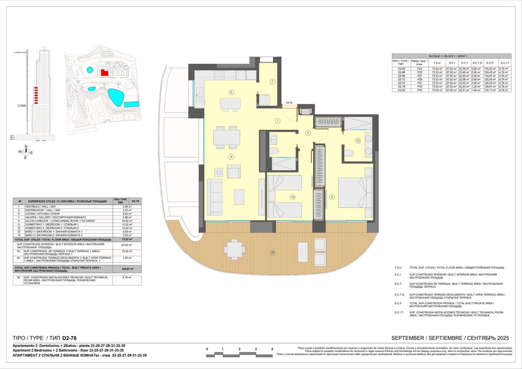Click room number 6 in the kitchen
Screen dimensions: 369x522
(x=231, y=92)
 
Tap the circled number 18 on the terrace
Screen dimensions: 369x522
(x=272, y=253)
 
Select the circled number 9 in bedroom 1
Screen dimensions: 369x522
(x=332, y=197)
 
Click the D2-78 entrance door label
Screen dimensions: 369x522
(x=289, y=103)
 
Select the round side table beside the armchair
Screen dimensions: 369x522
(x=218, y=172)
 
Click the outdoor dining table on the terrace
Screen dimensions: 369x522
(x=234, y=249)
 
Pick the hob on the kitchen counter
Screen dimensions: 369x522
(x=219, y=75)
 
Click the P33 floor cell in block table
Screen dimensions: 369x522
(x=419, y=86)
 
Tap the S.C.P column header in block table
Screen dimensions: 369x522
(x=490, y=63)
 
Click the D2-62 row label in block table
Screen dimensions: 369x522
(x=401, y=69)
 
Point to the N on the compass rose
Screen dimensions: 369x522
(x=26, y=146)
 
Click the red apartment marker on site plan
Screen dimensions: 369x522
(x=104, y=73)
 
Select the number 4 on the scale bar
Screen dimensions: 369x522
(x=272, y=349)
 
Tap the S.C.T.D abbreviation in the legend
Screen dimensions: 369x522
(x=399, y=295)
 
